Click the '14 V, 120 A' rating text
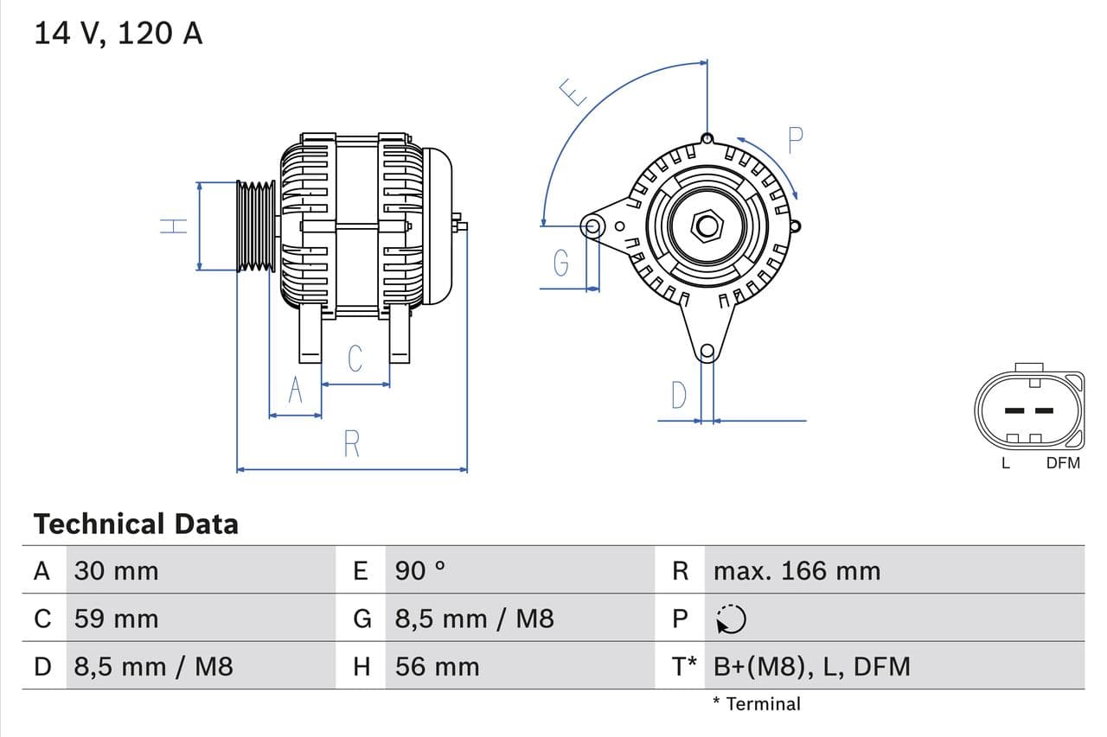118,33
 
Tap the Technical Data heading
136,524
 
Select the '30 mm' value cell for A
116,571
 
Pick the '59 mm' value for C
116,619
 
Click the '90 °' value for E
420,571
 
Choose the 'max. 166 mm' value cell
797,571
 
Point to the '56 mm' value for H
437,667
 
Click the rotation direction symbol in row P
732,619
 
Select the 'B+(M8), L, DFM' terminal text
812,667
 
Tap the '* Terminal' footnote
757,704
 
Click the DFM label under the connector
1063,463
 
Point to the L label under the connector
1005,463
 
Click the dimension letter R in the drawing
351,444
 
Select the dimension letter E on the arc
573,92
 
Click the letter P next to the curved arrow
796,140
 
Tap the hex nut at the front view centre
707,226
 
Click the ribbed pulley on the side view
256,226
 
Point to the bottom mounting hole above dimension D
707,351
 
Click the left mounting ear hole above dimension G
593,227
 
